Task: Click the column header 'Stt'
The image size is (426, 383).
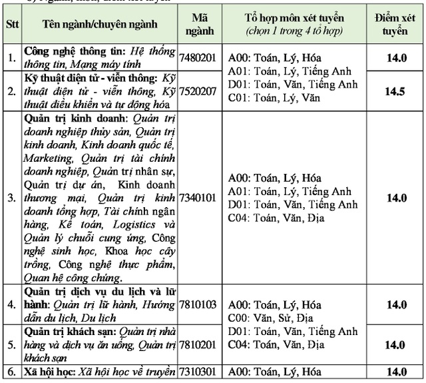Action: [x=11, y=24]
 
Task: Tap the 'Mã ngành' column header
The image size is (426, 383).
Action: [x=199, y=24]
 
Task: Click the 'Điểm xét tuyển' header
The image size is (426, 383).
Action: [x=398, y=24]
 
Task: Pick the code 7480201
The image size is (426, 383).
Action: [x=199, y=57]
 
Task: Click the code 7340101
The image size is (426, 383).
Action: [x=199, y=198]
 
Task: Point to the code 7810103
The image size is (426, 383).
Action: [x=199, y=304]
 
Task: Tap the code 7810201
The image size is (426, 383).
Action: [x=199, y=344]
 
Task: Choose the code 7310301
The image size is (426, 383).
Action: [x=199, y=372]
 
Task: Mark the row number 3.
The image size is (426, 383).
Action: [x=11, y=198]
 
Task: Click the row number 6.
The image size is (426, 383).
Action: [x=11, y=372]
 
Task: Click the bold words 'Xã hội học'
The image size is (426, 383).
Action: [x=51, y=372]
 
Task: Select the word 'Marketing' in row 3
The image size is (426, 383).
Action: [x=47, y=159]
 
